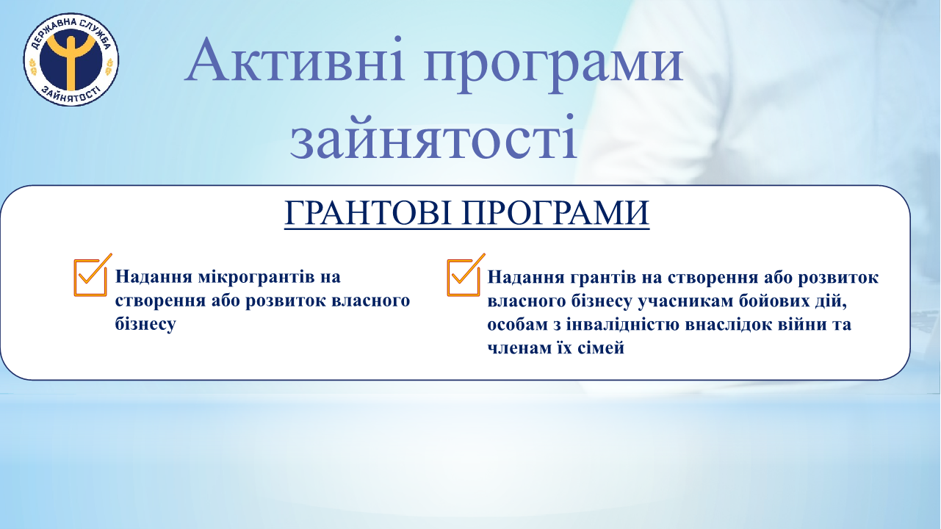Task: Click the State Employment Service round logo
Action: (71, 60)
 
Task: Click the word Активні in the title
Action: (295, 60)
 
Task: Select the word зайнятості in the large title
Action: (433, 136)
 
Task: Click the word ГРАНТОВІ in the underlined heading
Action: (369, 212)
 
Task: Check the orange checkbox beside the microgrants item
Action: (93, 276)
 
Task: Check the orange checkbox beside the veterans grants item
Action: (466, 276)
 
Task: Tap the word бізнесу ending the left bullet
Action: (145, 324)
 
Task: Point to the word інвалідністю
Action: (623, 325)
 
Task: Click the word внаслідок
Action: (726, 325)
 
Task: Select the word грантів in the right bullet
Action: (615, 278)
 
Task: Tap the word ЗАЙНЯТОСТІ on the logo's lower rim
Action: (71, 96)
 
